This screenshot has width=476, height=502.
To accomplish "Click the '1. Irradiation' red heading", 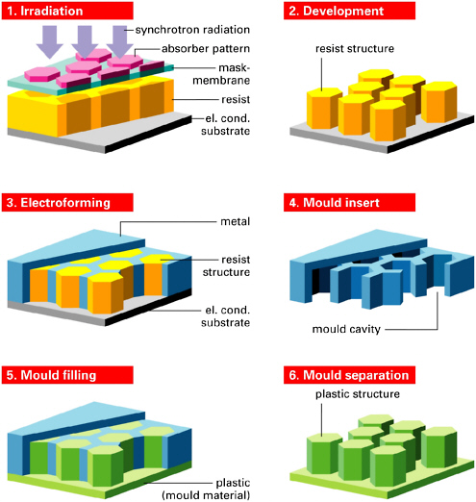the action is [67, 11].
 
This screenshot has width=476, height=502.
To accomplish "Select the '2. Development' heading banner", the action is [349, 11].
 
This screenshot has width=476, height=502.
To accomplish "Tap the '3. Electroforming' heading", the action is [67, 203].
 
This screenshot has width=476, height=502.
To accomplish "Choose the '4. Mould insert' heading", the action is [349, 203].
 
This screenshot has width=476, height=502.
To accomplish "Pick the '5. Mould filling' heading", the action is [67, 375].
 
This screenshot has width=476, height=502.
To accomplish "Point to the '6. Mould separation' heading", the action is [349, 375].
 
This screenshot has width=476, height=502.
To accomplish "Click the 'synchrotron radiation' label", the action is [192, 30].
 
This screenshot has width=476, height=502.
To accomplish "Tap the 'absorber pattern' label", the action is [206, 49].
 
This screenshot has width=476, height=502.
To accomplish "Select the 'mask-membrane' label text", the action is [221, 74].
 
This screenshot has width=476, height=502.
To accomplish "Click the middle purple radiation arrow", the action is [85, 42].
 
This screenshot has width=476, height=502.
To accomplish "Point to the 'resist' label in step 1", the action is [236, 99].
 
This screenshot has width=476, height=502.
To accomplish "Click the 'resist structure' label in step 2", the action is [355, 49].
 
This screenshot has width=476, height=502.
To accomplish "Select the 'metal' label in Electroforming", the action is [235, 221].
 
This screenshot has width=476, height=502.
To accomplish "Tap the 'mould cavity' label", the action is [346, 329].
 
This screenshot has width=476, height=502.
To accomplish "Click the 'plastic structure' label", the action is [358, 394].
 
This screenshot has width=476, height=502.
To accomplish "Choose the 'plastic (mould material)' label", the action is [206, 489].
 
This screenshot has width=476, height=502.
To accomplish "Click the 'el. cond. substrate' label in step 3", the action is [225, 316].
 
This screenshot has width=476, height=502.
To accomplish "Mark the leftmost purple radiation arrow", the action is [50, 42].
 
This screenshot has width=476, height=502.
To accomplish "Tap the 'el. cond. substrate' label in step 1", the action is [225, 125].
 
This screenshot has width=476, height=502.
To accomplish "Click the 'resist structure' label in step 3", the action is [226, 265].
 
